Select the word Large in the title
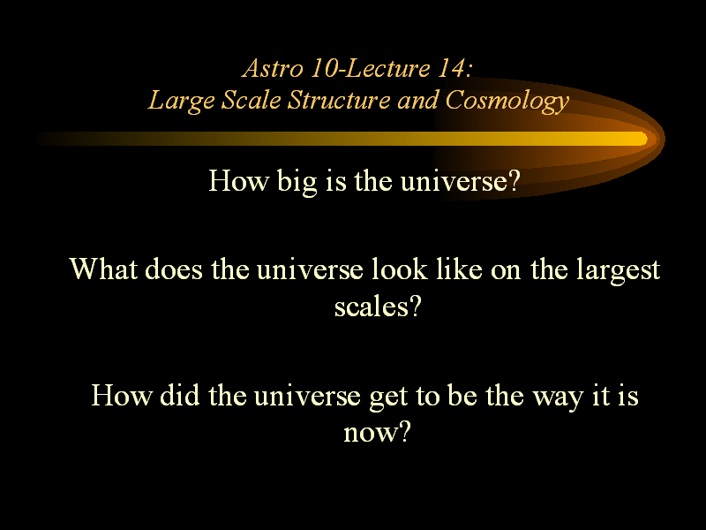pos(181,101)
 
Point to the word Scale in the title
pos(252,100)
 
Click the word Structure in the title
pos(339,100)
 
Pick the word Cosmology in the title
pos(507,101)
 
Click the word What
pos(103,269)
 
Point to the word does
pos(174,269)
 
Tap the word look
pos(400,269)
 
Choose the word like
pos(459,269)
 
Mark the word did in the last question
pos(180,395)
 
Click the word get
pos(388,397)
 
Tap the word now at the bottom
pos(371,434)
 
